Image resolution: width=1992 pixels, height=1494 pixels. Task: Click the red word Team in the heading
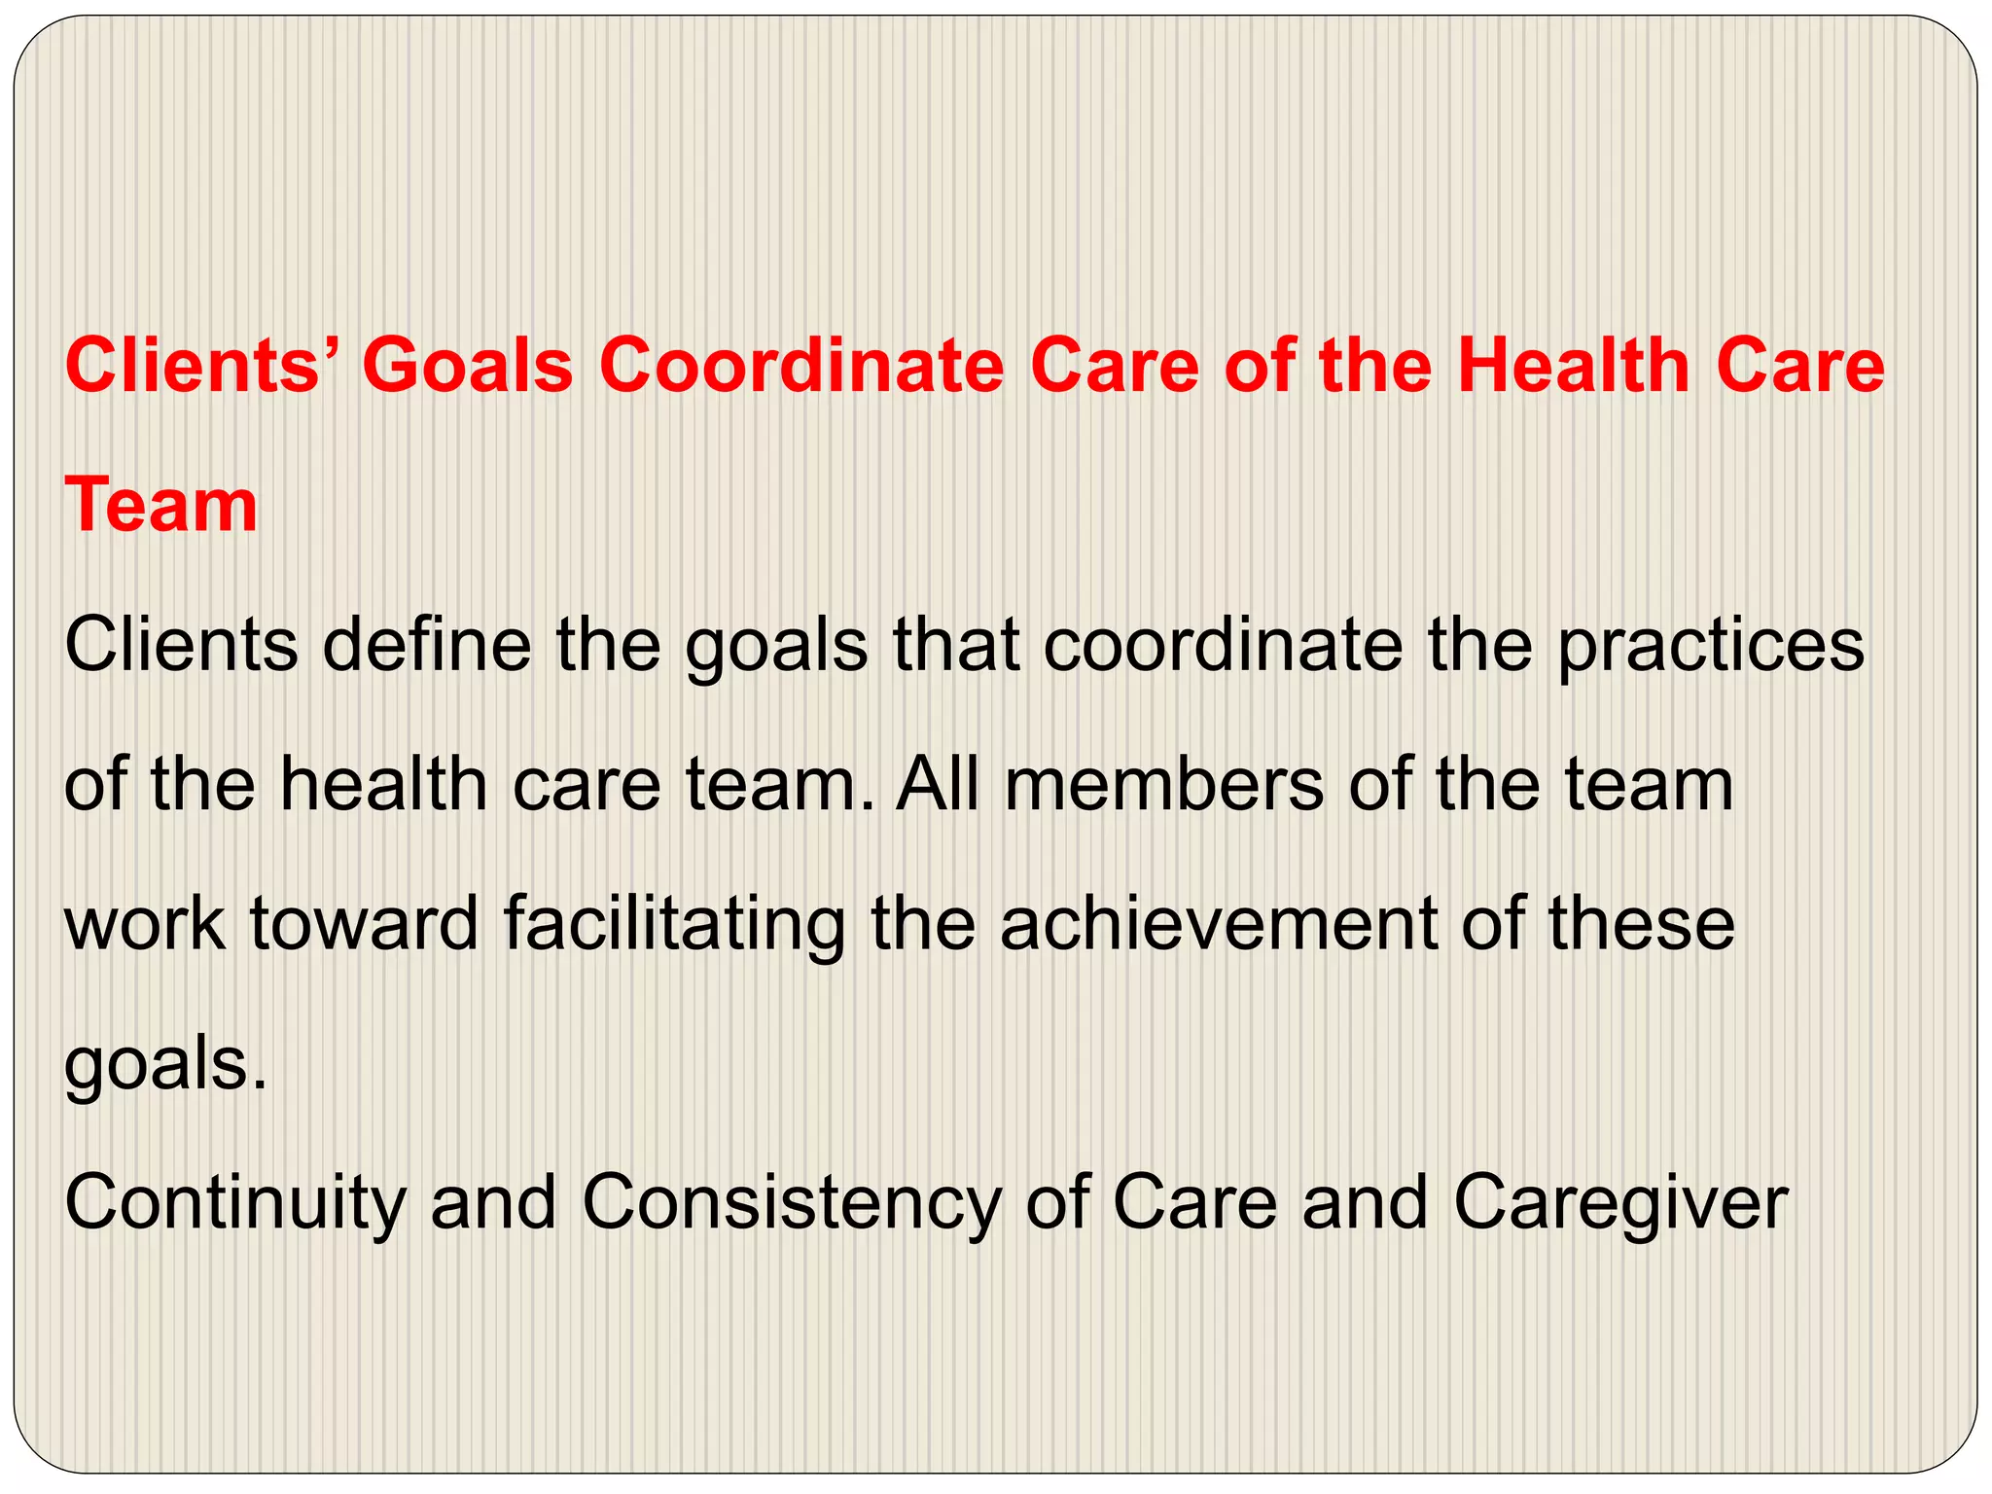point(161,506)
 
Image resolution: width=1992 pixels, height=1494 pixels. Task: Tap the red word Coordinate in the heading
point(800,367)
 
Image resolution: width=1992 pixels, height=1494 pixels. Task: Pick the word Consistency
point(791,1202)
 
